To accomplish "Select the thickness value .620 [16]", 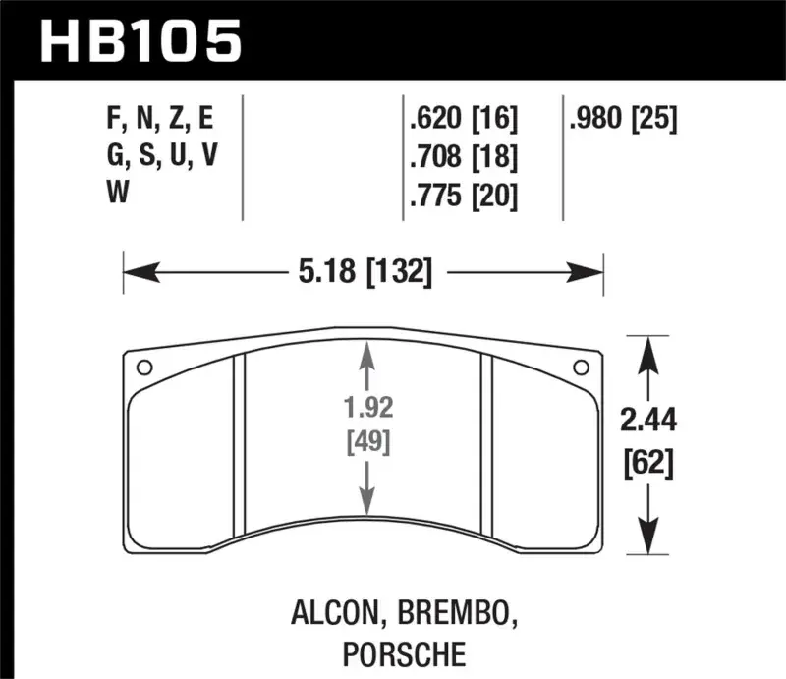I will click(x=461, y=120).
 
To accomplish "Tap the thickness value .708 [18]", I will click(x=461, y=157).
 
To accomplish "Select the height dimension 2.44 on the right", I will click(x=647, y=422).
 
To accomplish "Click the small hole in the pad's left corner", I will click(x=143, y=368).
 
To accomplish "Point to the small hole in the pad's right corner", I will click(x=579, y=368).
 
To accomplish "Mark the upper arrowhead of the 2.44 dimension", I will click(x=647, y=349).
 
